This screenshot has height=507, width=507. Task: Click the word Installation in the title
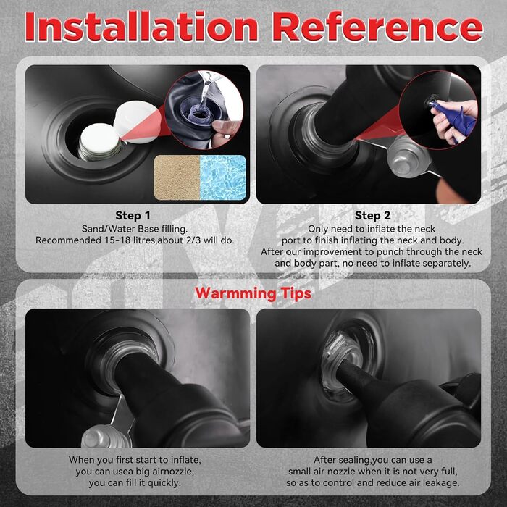click(141, 27)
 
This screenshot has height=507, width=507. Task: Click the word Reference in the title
click(377, 27)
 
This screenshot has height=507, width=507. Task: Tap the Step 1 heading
click(133, 215)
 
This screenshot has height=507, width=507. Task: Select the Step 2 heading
click(372, 215)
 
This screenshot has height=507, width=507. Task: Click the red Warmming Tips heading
click(253, 293)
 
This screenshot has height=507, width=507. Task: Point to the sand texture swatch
click(177, 177)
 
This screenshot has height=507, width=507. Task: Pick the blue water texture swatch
click(223, 177)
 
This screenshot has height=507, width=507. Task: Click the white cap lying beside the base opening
click(136, 122)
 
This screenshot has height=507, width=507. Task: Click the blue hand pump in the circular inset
click(456, 117)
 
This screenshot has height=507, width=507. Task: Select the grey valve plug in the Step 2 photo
click(408, 157)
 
